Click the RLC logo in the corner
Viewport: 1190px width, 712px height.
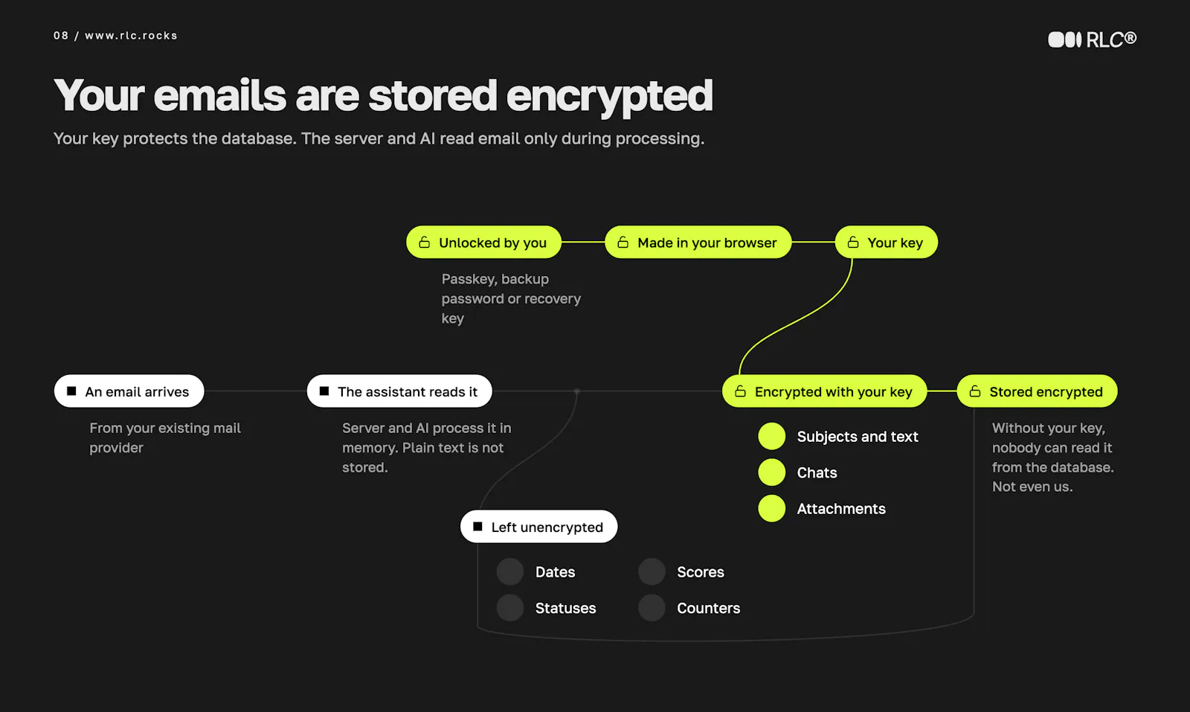click(x=1093, y=39)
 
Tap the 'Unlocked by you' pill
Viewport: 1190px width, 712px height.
click(x=483, y=243)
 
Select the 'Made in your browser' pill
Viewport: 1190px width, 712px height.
click(x=698, y=243)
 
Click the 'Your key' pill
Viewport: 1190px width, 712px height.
click(x=886, y=243)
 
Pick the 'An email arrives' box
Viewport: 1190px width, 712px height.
click(x=129, y=391)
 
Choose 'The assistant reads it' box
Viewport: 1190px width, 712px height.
click(x=399, y=391)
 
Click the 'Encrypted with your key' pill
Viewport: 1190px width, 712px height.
click(x=825, y=391)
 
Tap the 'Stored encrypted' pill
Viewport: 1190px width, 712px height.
click(x=1037, y=391)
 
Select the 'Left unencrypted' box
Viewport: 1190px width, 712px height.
click(x=538, y=527)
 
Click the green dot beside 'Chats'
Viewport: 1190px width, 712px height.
click(x=772, y=472)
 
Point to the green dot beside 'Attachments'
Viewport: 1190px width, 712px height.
click(x=772, y=508)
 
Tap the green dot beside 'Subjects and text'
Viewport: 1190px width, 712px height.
click(x=772, y=436)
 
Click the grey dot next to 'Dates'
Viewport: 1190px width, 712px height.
click(x=510, y=571)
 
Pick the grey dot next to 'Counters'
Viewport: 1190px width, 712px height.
click(x=652, y=608)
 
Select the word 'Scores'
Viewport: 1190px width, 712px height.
click(x=700, y=572)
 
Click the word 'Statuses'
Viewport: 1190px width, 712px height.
click(x=565, y=609)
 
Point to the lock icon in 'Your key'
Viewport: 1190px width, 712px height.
click(x=853, y=243)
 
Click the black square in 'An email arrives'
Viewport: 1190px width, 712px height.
click(x=71, y=391)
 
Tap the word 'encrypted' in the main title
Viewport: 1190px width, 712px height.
click(x=609, y=96)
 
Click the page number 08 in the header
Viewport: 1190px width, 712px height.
click(x=61, y=36)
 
